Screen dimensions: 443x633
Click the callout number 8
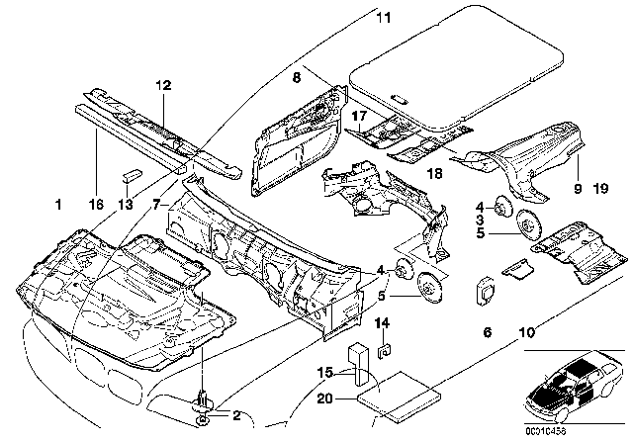point(295,75)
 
